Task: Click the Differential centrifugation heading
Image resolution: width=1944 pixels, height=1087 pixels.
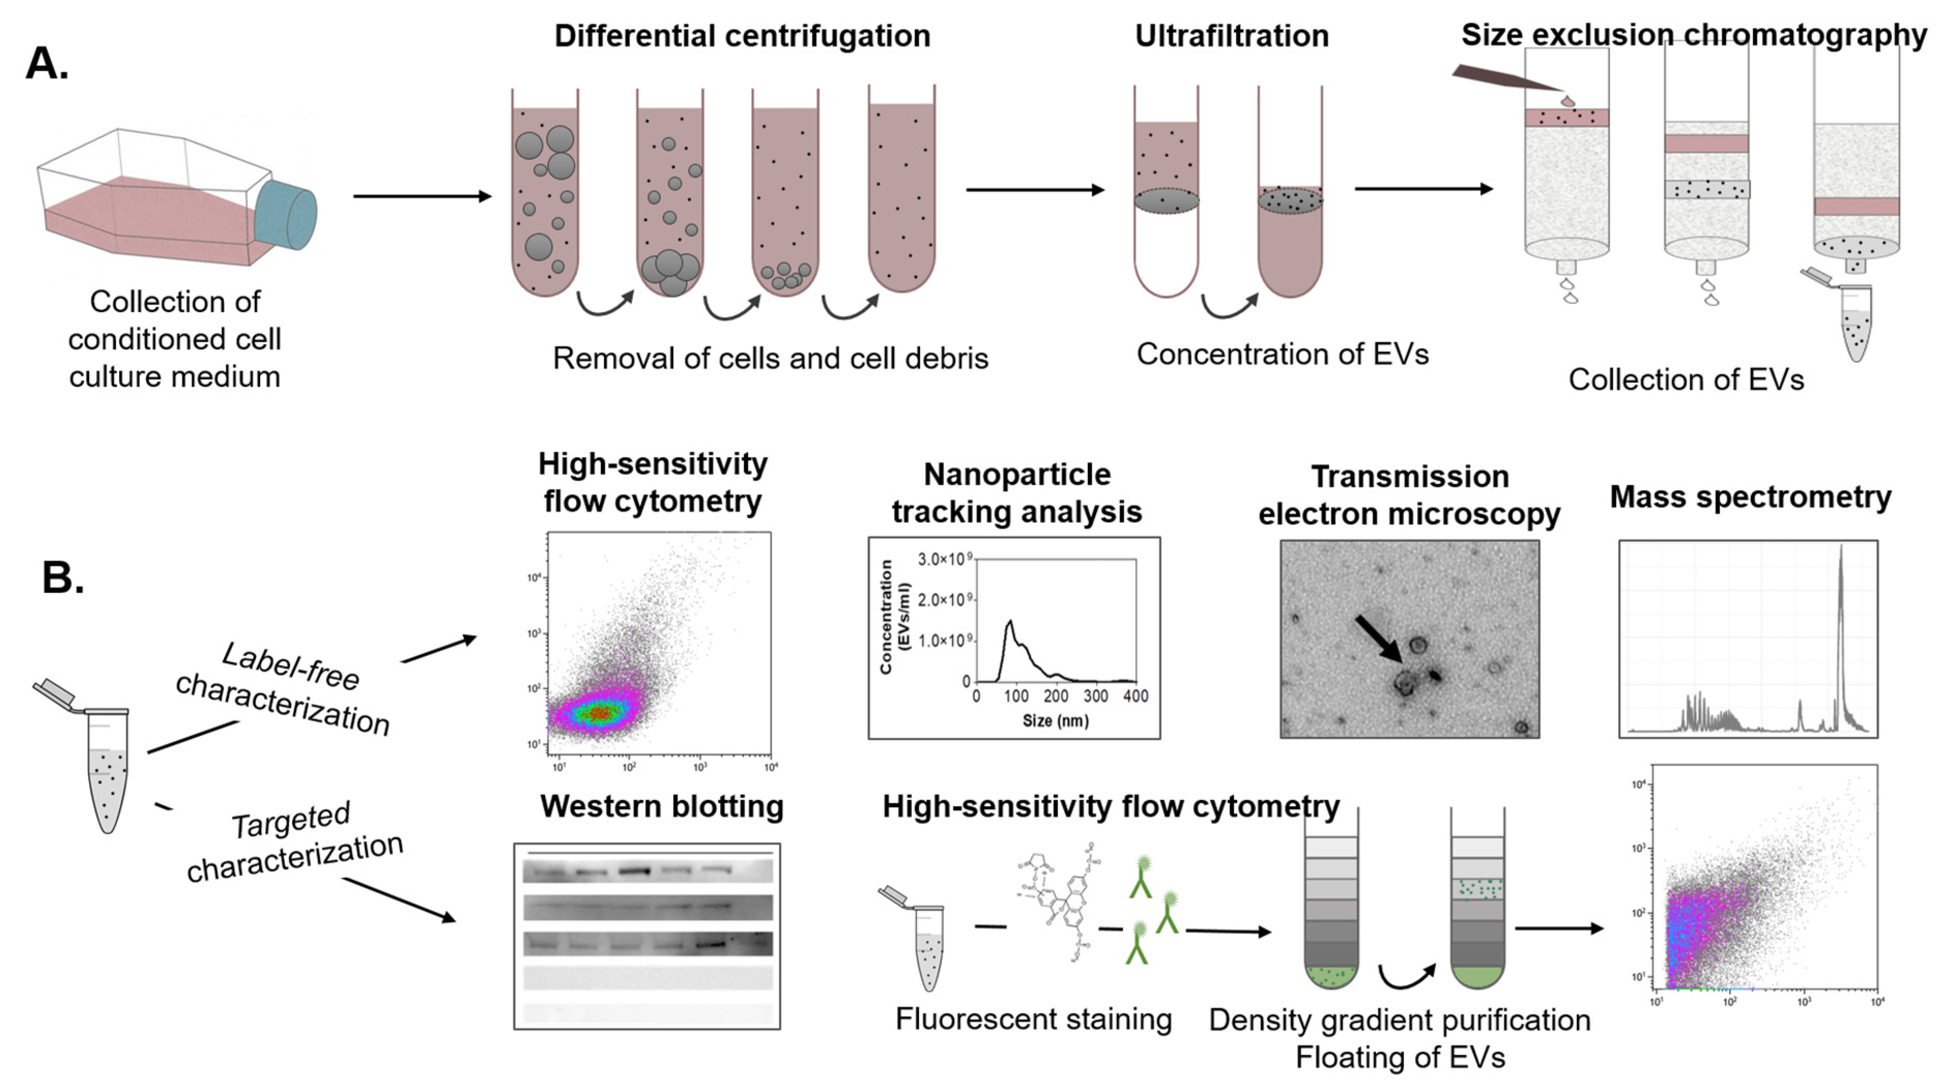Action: click(x=742, y=36)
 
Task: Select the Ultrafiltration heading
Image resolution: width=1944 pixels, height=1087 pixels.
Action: click(x=1232, y=36)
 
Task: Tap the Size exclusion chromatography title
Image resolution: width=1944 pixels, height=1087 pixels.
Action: click(x=1693, y=35)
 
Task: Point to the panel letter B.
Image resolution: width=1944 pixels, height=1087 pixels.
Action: click(x=63, y=578)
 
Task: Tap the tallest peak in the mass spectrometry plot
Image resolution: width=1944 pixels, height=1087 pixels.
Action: click(x=1840, y=550)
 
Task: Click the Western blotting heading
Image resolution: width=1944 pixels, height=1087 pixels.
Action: click(x=662, y=806)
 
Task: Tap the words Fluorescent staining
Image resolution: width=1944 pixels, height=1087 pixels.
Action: click(x=1033, y=1019)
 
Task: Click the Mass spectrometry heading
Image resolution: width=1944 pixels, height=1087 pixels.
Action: click(x=1750, y=497)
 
